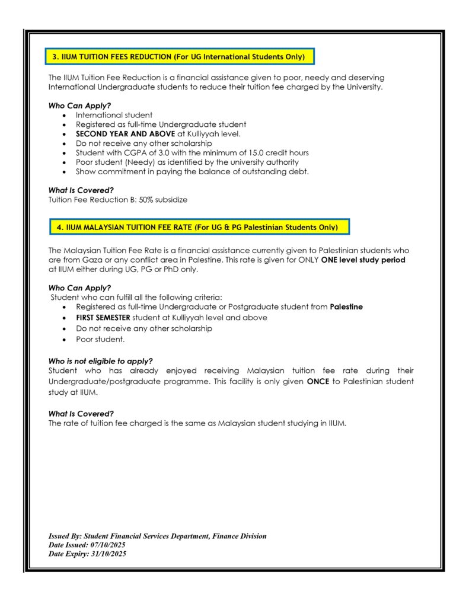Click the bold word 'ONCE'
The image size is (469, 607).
318,382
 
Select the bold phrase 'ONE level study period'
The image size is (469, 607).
363,260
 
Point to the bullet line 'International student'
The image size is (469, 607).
114,115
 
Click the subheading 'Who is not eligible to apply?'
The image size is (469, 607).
100,361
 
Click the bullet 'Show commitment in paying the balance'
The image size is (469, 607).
192,172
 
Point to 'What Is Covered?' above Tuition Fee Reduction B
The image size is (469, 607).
81,191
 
